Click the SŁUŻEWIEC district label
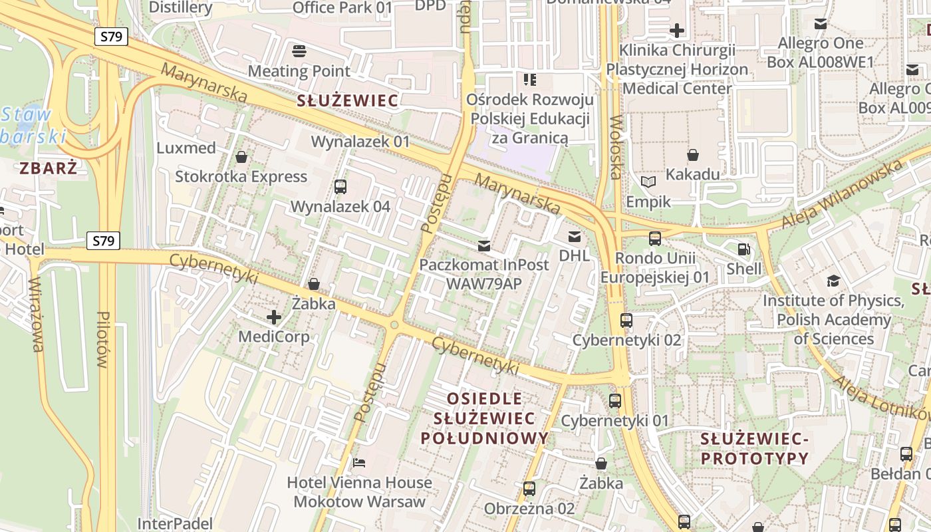348,101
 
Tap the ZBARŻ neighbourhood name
49,168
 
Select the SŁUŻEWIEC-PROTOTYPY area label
755,449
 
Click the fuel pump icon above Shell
743,250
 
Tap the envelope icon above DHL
574,237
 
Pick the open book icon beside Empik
648,182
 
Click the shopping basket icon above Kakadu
693,155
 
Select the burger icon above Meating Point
299,51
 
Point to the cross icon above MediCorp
273,317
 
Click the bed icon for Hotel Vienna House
359,463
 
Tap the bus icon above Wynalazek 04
340,187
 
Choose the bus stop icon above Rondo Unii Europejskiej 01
655,239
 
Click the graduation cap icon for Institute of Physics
833,281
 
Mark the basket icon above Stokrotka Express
241,157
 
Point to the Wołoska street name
615,148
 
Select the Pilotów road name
102,339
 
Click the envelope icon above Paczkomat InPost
484,246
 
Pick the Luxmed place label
186,148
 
